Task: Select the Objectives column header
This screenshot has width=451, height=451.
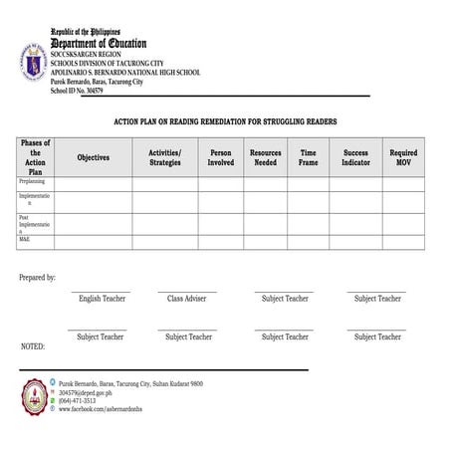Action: pyautogui.click(x=94, y=157)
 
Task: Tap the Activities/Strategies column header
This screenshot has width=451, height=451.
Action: pyautogui.click(x=165, y=157)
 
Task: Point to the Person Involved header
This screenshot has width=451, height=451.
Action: pyautogui.click(x=221, y=157)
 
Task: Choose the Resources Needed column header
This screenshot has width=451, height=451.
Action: pyautogui.click(x=266, y=157)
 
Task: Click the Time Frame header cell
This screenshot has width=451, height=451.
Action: pyautogui.click(x=309, y=157)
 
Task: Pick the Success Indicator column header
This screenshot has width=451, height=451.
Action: pyautogui.click(x=355, y=157)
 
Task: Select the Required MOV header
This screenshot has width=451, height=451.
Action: pyautogui.click(x=403, y=157)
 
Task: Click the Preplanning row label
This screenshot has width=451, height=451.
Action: pyautogui.click(x=31, y=182)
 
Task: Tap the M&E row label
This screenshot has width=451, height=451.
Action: pyautogui.click(x=25, y=240)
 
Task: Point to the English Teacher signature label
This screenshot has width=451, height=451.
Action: pyautogui.click(x=104, y=299)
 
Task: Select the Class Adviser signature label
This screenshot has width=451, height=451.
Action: pyautogui.click(x=186, y=299)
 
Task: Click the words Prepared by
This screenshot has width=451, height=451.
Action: pyautogui.click(x=38, y=278)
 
